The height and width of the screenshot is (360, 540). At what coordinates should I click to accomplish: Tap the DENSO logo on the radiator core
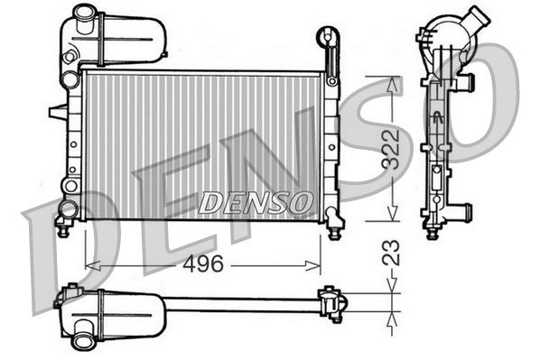[256, 203]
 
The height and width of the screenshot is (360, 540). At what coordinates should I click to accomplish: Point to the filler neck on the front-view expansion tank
[84, 14]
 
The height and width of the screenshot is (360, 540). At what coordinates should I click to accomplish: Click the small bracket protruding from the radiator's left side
[57, 112]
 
